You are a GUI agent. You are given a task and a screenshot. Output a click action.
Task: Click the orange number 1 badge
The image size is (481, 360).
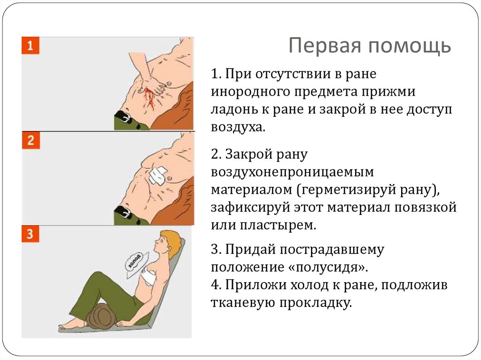(30, 46)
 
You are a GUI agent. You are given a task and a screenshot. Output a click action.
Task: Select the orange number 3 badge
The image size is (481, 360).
(30, 234)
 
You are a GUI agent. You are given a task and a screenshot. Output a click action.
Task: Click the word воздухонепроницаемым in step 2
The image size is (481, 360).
(292, 172)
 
